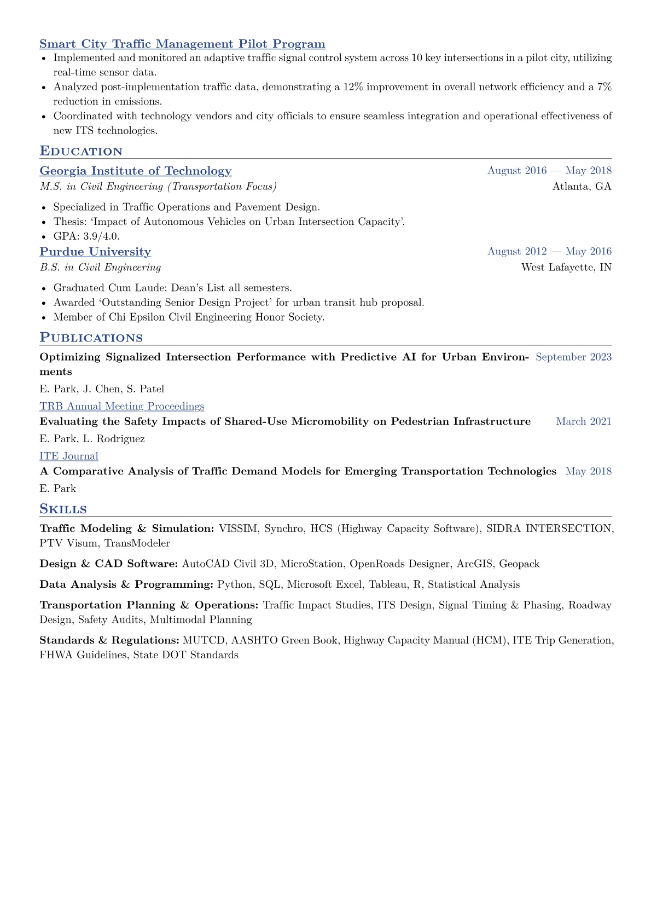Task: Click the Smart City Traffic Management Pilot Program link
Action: pos(182,44)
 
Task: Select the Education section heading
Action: pos(81,151)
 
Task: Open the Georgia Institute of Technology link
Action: pos(136,171)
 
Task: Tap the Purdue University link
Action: pos(95,252)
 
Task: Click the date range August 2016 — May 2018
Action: pos(549,171)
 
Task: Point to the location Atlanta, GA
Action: pos(582,187)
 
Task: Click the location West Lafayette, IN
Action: pos(566,268)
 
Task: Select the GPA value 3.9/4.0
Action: pos(101,236)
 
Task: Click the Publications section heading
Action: pos(91,338)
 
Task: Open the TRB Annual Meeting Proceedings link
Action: pos(122,406)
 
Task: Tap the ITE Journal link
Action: pos(69,456)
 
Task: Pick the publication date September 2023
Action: pos(573,357)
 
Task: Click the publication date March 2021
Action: pos(584,421)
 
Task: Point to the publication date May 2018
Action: pos(588,471)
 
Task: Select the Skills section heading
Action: pos(63,509)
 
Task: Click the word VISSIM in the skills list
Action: pos(238,529)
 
